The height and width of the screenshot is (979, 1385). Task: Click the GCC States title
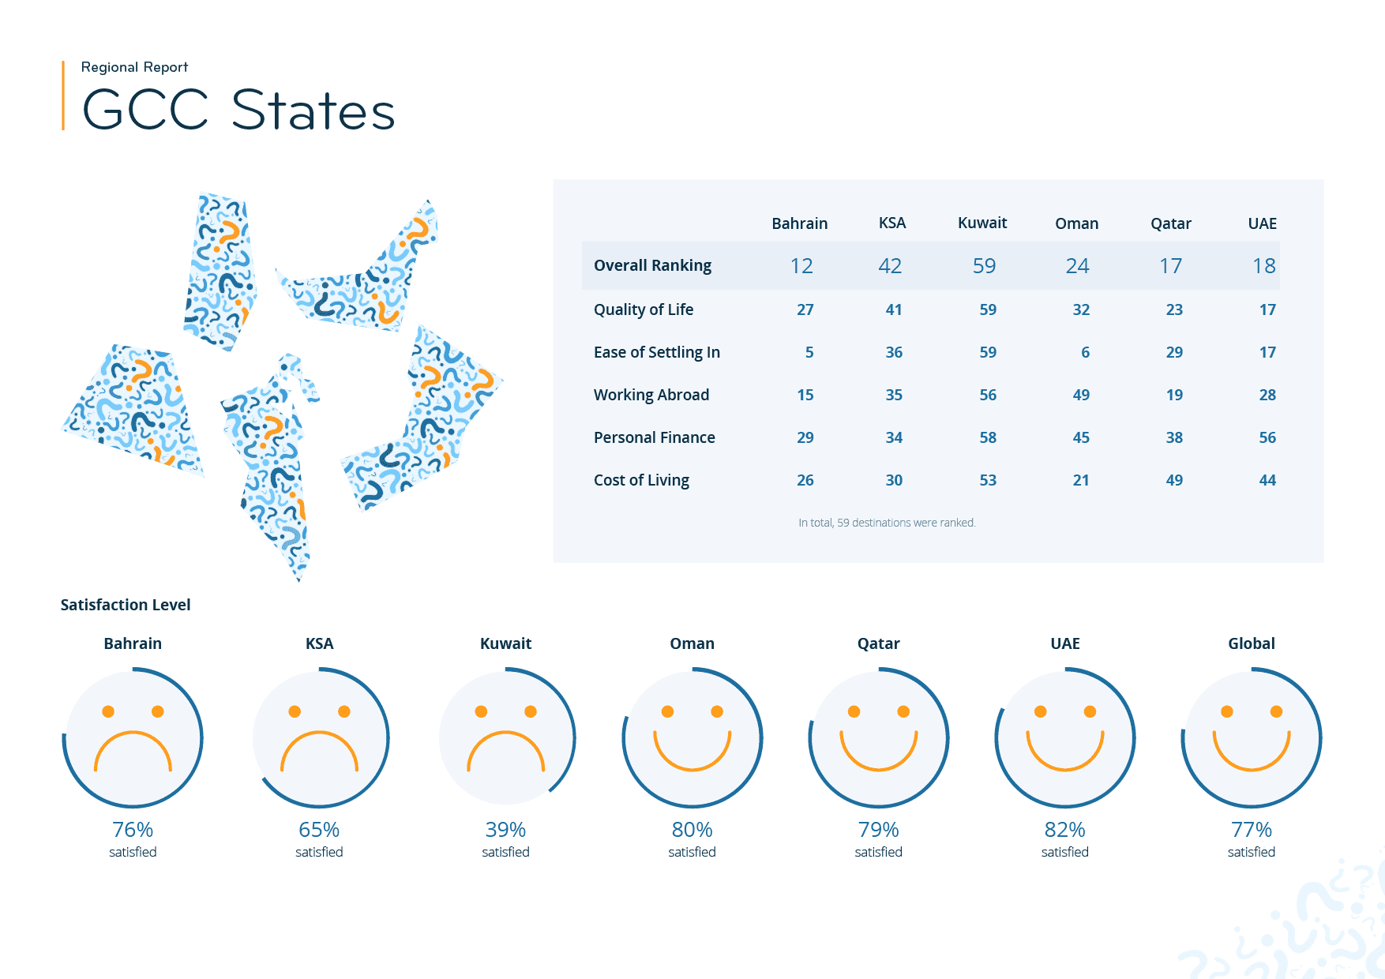(238, 110)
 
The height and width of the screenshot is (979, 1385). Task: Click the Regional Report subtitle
(134, 67)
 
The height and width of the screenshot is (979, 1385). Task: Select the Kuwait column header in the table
(982, 223)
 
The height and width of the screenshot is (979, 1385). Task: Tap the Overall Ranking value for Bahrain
(801, 266)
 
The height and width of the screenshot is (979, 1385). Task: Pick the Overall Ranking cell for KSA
(890, 266)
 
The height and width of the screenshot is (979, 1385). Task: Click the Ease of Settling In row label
(656, 352)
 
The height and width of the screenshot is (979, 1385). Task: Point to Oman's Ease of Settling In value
(1085, 352)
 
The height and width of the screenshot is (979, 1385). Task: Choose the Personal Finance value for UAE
(1267, 437)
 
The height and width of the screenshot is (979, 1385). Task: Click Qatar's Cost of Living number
(1173, 480)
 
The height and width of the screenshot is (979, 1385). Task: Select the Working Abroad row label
(651, 395)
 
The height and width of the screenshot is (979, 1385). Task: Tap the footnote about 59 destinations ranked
(887, 523)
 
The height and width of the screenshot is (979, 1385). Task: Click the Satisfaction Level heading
(126, 605)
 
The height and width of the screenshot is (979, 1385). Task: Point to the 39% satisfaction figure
(505, 830)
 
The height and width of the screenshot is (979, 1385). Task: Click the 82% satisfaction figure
(1064, 830)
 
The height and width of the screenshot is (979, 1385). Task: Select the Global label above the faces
(1251, 643)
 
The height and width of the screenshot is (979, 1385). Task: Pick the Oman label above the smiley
(692, 643)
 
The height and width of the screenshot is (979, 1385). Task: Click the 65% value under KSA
(319, 830)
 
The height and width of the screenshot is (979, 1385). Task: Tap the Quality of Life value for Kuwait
(987, 309)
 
